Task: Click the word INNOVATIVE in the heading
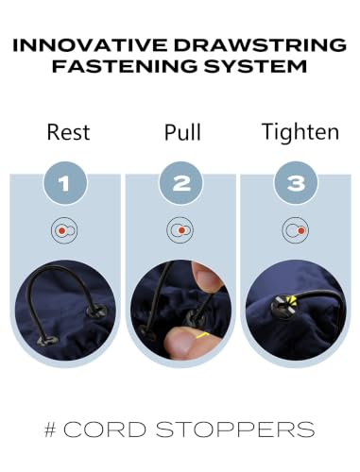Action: [x=90, y=45]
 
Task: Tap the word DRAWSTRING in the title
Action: [x=260, y=45]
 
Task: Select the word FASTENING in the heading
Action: [x=125, y=66]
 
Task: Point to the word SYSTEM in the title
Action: [x=255, y=66]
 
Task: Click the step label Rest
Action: [x=68, y=132]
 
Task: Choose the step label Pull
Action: [x=182, y=132]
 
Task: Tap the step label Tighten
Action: [x=300, y=132]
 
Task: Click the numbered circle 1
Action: [x=65, y=183]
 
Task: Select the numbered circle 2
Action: [x=181, y=183]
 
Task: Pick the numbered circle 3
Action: [x=296, y=183]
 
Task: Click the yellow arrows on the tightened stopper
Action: [x=294, y=301]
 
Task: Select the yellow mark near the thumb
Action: [x=202, y=335]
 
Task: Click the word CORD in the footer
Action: [x=105, y=430]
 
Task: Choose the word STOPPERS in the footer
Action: [x=235, y=430]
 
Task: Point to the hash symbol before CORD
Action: [x=50, y=430]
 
